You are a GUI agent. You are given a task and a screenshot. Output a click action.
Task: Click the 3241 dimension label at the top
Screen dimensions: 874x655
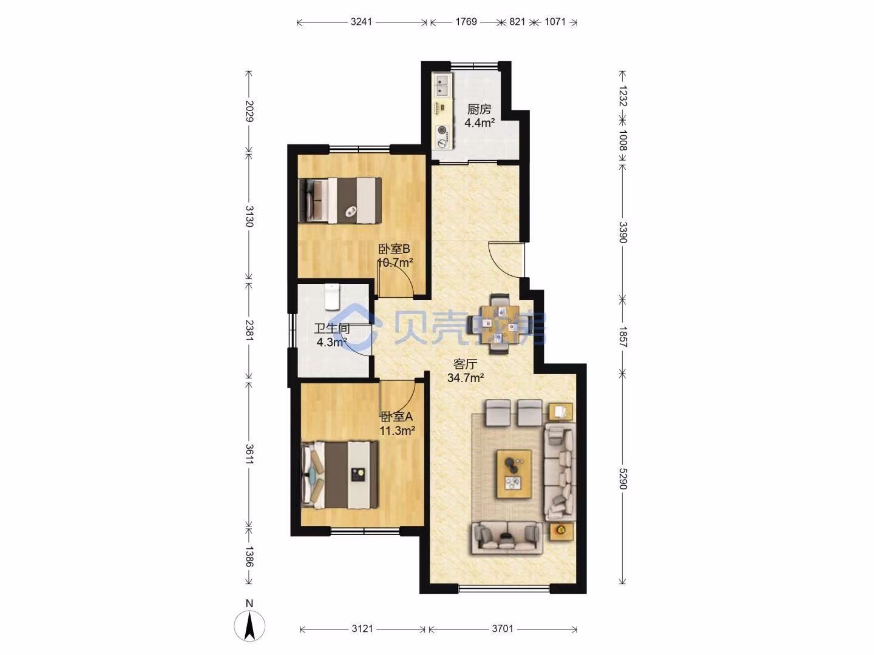(x=361, y=21)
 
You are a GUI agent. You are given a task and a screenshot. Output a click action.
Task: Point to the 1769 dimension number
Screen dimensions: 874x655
(x=466, y=21)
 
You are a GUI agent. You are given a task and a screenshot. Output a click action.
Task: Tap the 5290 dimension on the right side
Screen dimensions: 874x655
(x=623, y=479)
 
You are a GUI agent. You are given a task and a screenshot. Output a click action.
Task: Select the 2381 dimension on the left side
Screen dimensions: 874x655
(x=249, y=330)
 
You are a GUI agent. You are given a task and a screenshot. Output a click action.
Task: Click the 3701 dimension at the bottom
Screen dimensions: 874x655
(x=503, y=629)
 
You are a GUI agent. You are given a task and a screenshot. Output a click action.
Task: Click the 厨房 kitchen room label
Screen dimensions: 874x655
(x=479, y=109)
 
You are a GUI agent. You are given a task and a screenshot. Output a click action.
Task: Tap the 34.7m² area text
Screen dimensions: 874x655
(x=465, y=377)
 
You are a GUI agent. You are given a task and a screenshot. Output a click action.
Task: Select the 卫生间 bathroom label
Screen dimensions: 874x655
(x=331, y=328)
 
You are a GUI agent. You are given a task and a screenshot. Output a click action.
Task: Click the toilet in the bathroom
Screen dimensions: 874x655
(x=331, y=297)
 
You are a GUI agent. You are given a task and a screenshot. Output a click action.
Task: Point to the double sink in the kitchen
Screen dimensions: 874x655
(x=442, y=86)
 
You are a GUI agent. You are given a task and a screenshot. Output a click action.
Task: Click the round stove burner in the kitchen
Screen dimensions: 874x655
(x=442, y=130)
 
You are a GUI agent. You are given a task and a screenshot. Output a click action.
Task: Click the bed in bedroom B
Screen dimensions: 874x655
(x=340, y=200)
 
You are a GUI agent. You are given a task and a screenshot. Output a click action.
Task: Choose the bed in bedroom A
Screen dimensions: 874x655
(x=340, y=474)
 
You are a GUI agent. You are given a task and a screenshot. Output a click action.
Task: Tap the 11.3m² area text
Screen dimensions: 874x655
(x=398, y=431)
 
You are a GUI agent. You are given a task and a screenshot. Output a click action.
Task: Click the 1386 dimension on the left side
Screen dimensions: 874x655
(x=249, y=556)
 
